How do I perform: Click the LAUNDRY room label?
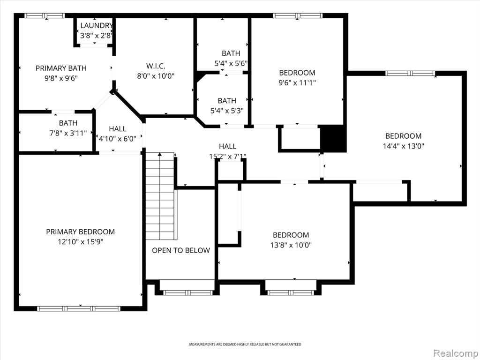(x=97, y=26)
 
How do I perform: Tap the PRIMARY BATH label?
(x=61, y=68)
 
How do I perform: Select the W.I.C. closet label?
(x=156, y=66)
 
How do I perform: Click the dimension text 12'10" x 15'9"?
(x=81, y=242)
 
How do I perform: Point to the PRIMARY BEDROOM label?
(x=81, y=232)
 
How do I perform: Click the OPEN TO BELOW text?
(x=181, y=250)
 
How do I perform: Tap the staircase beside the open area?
(x=160, y=196)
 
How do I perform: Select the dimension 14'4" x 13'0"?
(x=404, y=146)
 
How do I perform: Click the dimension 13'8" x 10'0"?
(x=291, y=245)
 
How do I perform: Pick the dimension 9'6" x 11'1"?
(x=297, y=82)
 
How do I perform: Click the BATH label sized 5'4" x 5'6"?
(x=231, y=53)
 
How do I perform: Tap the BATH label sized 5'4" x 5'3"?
(x=227, y=101)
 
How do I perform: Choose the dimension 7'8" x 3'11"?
(x=68, y=133)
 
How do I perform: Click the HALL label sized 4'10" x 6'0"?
(x=118, y=129)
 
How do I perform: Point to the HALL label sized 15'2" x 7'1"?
(x=227, y=146)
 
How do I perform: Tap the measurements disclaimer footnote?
(x=245, y=345)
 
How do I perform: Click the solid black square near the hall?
(x=333, y=138)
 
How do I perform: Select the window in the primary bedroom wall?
(x=79, y=308)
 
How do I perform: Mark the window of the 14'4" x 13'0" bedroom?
(x=410, y=73)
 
